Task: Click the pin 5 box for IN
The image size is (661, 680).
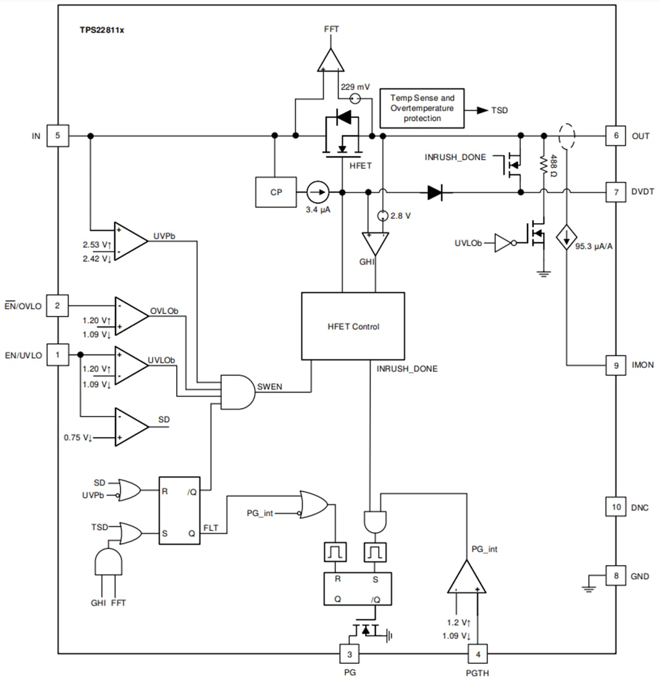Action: (x=59, y=136)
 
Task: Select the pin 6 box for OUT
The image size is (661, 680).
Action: (x=616, y=136)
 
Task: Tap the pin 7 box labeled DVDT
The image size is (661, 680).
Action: (x=616, y=192)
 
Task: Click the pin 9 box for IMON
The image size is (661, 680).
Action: (x=616, y=365)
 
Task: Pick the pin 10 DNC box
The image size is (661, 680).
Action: (x=616, y=508)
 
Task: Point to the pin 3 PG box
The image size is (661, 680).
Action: (x=350, y=654)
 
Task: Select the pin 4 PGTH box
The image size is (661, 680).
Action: (x=478, y=654)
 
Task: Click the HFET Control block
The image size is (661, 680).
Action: (x=353, y=326)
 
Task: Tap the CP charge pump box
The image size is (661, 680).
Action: (x=276, y=192)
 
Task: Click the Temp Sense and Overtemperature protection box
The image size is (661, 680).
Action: (x=422, y=108)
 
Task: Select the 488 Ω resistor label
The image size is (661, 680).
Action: (x=554, y=166)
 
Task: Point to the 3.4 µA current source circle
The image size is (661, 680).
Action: (x=318, y=192)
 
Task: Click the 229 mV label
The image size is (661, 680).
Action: (x=355, y=87)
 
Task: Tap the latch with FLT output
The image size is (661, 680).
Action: (x=180, y=510)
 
